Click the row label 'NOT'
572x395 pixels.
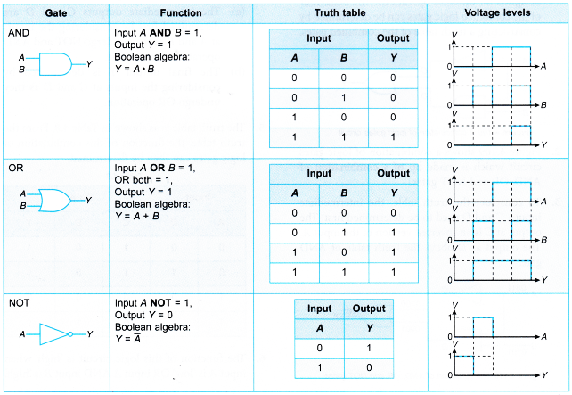coord(20,303)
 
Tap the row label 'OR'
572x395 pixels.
coord(15,168)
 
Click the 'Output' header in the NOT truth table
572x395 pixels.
coord(369,309)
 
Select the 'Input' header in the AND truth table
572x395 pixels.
coord(319,38)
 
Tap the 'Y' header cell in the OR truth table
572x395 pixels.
coord(393,191)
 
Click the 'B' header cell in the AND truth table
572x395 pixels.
coord(343,57)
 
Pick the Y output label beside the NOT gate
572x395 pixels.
coord(89,334)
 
